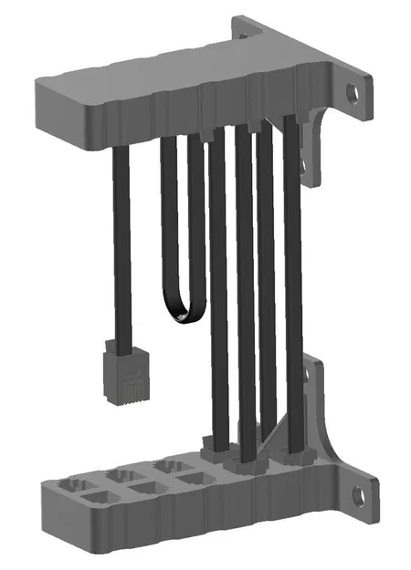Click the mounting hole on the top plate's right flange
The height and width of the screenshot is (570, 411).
(350, 92)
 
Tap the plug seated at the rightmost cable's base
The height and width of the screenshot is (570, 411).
(293, 452)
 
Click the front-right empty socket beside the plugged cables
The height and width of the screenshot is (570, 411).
(192, 478)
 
